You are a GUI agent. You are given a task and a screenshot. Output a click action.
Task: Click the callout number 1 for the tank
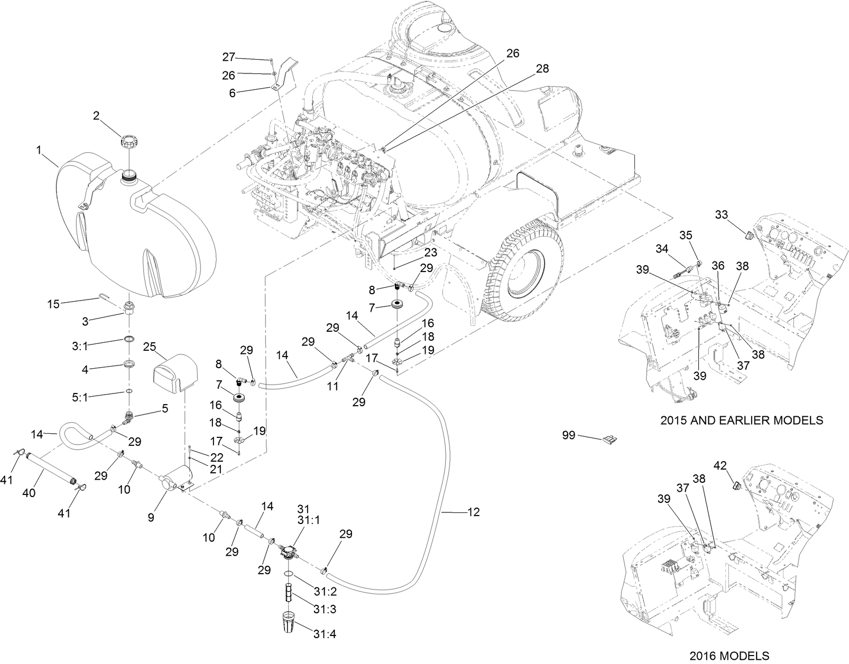point(39,151)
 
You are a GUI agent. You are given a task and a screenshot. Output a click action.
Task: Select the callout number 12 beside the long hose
point(474,512)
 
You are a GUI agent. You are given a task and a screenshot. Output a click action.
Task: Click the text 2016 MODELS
point(731,656)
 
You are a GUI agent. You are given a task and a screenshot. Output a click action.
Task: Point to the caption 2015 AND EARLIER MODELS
point(742,420)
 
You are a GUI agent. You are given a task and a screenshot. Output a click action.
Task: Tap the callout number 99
point(569,435)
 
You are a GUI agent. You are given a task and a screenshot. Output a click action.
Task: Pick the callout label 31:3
point(324,609)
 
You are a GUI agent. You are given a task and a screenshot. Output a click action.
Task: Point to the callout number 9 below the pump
point(151,518)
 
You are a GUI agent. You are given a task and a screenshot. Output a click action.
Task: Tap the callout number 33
point(721,214)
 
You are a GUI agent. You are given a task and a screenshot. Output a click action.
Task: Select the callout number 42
point(720,465)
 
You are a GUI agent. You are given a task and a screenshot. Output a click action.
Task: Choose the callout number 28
point(542,68)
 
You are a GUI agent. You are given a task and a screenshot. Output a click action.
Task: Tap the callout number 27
point(228,57)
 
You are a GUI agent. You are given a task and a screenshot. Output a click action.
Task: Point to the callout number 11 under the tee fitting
point(333,386)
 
